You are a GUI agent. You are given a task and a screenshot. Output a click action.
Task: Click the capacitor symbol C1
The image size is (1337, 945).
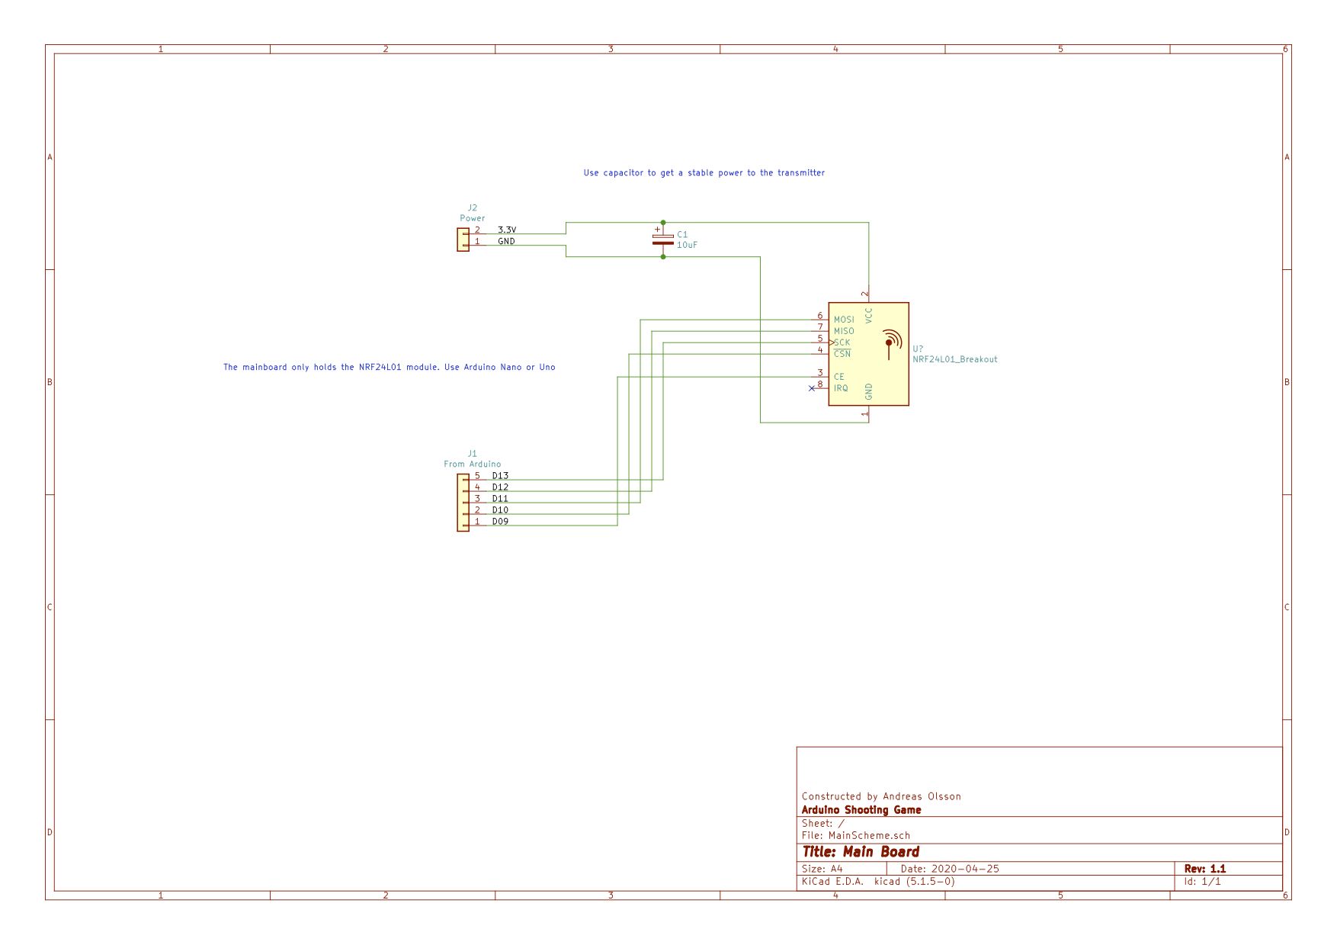click(663, 239)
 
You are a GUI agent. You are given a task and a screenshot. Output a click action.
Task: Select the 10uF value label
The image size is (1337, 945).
click(687, 245)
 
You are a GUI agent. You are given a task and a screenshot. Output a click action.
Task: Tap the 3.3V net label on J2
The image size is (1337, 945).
click(507, 230)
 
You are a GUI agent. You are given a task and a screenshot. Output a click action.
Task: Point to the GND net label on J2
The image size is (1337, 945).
click(506, 241)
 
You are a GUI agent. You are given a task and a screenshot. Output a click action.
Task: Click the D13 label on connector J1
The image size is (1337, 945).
click(500, 475)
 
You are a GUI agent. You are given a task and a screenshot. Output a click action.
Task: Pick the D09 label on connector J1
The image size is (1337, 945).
click(500, 522)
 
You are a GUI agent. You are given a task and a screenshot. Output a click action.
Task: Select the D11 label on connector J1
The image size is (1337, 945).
click(500, 499)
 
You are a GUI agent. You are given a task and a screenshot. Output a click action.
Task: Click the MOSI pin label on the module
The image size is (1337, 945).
click(844, 320)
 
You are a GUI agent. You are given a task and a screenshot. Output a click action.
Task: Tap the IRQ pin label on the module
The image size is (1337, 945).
click(841, 388)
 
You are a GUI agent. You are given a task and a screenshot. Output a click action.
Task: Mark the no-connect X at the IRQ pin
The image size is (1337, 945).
click(812, 388)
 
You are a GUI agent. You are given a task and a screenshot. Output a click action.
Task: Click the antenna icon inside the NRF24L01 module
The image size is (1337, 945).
click(890, 344)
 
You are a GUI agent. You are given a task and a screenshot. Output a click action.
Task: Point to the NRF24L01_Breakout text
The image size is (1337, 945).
click(955, 359)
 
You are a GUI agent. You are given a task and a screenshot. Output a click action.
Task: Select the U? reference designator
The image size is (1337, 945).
click(918, 349)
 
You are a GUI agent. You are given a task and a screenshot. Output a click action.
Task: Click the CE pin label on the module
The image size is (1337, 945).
click(838, 377)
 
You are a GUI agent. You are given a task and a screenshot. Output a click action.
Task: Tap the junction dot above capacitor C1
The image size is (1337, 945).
click(663, 223)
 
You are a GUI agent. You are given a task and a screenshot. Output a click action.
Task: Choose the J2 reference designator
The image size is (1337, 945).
click(473, 207)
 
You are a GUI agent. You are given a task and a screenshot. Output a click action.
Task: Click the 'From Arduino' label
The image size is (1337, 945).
click(473, 464)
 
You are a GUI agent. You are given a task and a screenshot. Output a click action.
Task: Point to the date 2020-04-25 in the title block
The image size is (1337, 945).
click(965, 869)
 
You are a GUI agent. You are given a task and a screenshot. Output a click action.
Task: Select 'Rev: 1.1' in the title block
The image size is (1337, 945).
click(1205, 869)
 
